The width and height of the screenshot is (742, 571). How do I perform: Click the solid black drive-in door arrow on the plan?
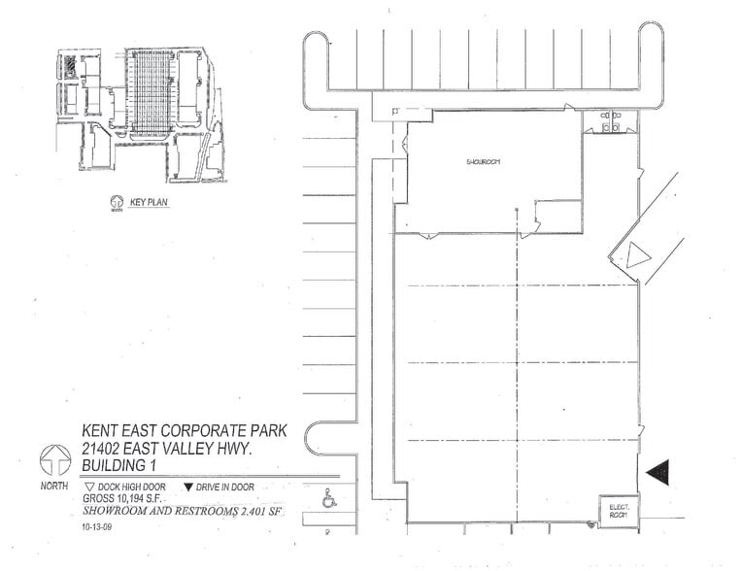[658, 472]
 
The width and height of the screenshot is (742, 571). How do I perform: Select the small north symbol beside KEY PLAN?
[117, 204]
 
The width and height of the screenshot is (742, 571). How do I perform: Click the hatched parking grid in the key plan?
[151, 92]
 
